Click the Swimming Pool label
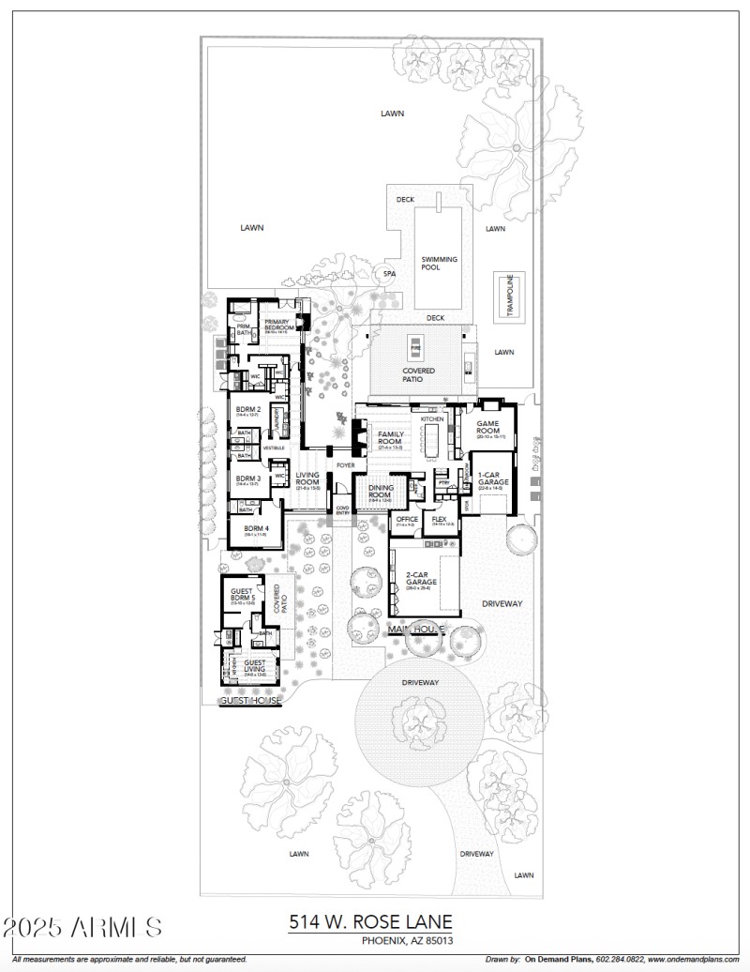(x=439, y=264)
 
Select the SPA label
(x=389, y=274)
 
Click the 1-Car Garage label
(x=490, y=481)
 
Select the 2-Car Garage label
(x=419, y=580)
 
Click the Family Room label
(x=390, y=438)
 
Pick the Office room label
(x=407, y=520)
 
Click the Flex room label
(x=439, y=520)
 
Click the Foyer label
(x=346, y=464)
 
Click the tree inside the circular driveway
(x=415, y=721)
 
